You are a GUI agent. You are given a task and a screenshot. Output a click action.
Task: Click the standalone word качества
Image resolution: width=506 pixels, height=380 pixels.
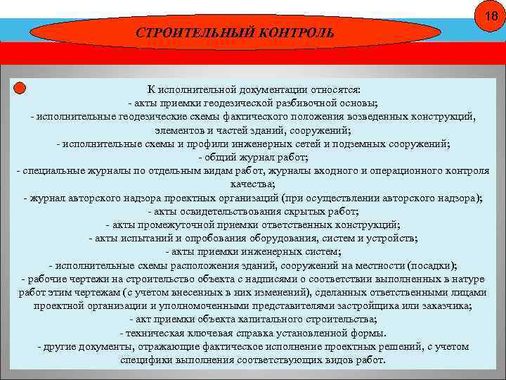coord(252,184)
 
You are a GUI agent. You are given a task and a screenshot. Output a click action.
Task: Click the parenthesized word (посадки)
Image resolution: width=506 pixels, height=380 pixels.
coord(433,265)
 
